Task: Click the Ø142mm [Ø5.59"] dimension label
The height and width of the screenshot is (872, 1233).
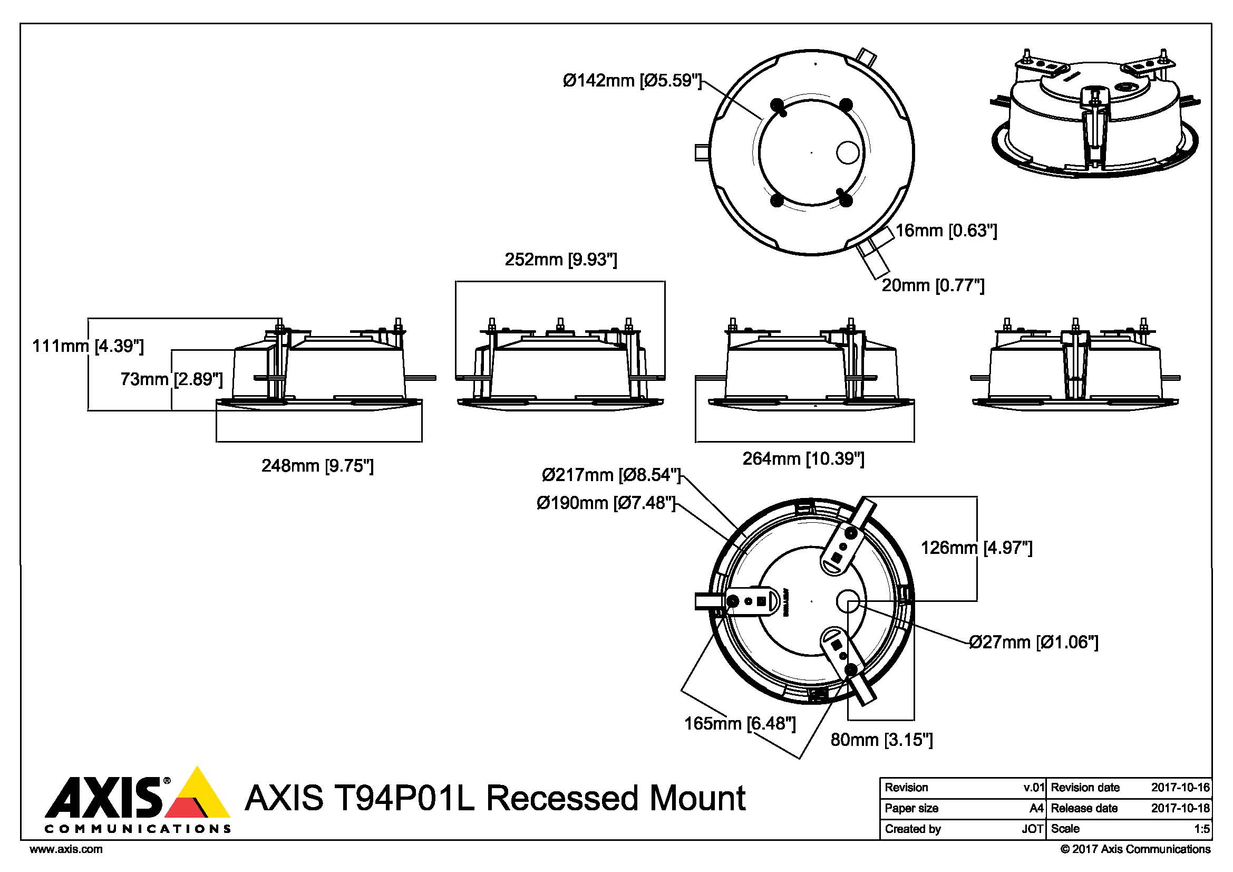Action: coord(632,81)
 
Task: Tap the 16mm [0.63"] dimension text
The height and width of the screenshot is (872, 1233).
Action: coord(946,231)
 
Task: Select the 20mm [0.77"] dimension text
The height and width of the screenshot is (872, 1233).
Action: coord(933,285)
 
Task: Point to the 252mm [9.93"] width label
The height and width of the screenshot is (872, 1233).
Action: coord(561,260)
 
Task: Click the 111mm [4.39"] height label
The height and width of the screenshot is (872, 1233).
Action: coord(88,346)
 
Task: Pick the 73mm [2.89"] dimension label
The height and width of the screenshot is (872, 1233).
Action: coord(171,379)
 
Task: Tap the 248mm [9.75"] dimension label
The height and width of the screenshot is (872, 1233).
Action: coord(317,465)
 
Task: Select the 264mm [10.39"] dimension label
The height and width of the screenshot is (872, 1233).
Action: coord(803,459)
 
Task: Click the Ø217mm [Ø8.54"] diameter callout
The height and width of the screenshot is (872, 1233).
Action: coord(611,475)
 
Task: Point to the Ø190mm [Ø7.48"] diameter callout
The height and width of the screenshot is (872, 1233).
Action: coord(606,503)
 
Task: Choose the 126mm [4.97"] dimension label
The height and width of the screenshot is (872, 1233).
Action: coord(976,548)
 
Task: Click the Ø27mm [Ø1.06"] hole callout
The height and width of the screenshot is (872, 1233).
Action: coord(1034,642)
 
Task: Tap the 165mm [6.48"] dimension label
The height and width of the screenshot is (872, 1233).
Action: coord(740,724)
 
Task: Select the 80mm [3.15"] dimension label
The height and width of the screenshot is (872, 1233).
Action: coord(881,740)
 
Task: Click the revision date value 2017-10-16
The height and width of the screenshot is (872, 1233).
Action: coord(1180,788)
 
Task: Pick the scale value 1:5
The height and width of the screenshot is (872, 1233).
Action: coord(1201,829)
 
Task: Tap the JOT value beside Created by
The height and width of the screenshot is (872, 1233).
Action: coord(1032,829)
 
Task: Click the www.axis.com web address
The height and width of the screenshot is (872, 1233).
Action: coord(66,849)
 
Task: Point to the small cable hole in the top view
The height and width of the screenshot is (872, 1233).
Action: coord(848,152)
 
